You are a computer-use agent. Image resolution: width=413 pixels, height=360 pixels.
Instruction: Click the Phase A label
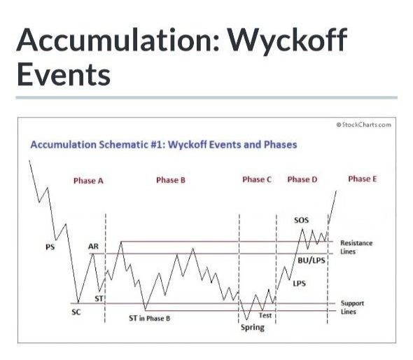(88, 181)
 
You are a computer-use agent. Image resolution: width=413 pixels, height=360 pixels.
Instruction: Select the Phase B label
(171, 180)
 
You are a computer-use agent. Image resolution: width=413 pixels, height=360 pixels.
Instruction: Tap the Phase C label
(257, 179)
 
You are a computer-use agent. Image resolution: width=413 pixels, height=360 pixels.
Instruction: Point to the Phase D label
(302, 179)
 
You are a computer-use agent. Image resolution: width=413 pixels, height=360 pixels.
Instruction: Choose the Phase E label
(363, 179)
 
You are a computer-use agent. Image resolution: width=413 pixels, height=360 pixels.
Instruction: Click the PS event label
(50, 247)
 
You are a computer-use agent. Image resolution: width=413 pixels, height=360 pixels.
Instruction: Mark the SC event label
(76, 312)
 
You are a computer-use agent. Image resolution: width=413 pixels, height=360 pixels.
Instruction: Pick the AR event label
(93, 247)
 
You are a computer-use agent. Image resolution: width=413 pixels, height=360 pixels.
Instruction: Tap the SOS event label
(301, 220)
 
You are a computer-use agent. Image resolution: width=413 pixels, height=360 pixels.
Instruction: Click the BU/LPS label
(311, 261)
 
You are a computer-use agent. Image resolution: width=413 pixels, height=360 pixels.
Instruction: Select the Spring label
(253, 328)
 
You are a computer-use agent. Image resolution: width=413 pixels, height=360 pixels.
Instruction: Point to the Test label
(265, 315)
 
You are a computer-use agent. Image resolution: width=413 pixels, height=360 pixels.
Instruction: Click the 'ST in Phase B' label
(149, 319)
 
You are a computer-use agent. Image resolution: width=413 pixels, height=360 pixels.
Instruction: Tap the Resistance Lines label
(356, 247)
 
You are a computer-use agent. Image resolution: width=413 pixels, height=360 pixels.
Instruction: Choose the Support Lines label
(352, 307)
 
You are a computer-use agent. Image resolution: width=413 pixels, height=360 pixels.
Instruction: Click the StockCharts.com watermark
(364, 125)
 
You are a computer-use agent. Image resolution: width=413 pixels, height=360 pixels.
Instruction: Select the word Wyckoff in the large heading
(287, 41)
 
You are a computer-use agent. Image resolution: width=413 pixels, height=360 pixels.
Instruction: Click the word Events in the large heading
(64, 74)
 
